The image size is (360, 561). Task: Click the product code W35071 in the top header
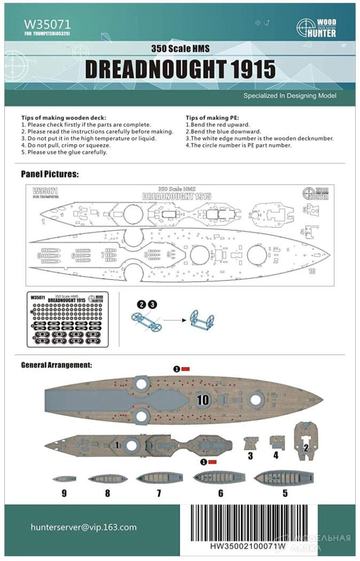[x=47, y=24]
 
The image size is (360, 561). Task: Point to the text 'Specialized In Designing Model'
[x=289, y=96]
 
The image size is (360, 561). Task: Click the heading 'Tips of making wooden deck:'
[x=64, y=118]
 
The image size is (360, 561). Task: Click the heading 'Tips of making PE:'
[x=213, y=118]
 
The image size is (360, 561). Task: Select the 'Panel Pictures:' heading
[x=50, y=174]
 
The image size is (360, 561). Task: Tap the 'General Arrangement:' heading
[x=56, y=365]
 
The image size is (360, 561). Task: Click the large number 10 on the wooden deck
[x=203, y=399]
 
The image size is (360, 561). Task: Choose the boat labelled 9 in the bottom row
[x=64, y=479]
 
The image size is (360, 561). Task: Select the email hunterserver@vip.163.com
[x=83, y=527]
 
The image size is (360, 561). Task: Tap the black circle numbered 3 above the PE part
[x=153, y=304]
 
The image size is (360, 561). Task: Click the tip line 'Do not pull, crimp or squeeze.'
[x=66, y=145]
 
